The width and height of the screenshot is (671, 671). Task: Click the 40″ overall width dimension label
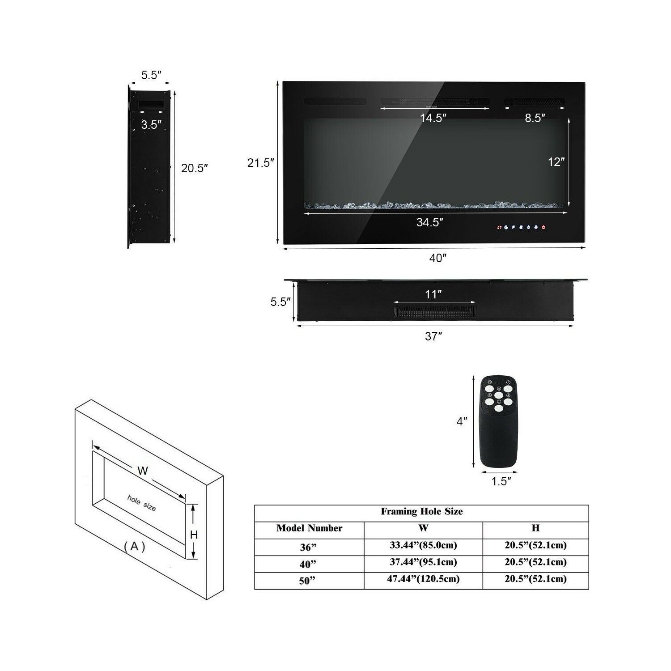point(438,258)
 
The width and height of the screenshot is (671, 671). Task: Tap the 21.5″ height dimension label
point(261,163)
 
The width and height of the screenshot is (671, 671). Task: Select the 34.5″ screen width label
point(430,222)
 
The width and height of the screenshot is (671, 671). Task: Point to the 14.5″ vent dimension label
point(433,118)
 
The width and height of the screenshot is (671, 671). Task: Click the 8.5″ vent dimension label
point(535,118)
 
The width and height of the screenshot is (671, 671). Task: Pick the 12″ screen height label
point(556,162)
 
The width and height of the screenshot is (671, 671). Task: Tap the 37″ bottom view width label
point(433,336)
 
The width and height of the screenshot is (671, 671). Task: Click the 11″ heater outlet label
point(433,294)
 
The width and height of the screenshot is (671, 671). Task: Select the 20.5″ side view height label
point(195,168)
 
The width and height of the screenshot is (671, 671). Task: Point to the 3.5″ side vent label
point(151,124)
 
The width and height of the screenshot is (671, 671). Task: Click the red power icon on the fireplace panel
point(544,227)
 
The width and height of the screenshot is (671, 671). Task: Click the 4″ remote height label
point(462,421)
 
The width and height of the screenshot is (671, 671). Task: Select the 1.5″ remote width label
point(501,481)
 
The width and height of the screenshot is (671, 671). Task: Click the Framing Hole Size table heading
point(421,511)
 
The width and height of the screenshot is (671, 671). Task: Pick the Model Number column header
point(309,528)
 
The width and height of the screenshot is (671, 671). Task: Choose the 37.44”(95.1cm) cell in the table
point(423,562)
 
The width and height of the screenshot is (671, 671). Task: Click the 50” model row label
point(307,580)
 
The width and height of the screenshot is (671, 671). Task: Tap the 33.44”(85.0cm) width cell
point(423,545)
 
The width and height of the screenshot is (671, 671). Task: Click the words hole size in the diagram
point(142,503)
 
